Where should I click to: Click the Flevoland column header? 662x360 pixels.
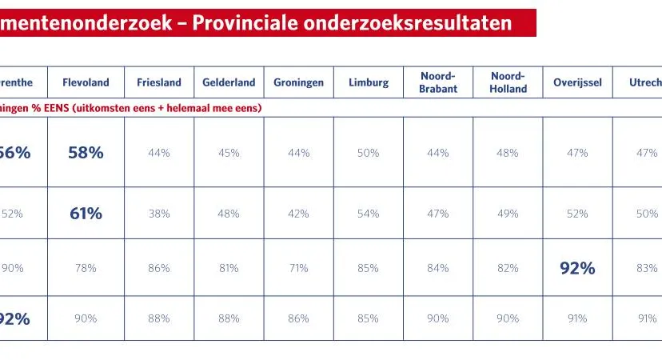click(x=86, y=82)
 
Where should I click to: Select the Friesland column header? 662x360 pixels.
click(x=159, y=82)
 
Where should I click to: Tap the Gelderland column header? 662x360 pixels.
click(x=229, y=82)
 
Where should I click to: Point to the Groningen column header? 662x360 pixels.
click(x=298, y=82)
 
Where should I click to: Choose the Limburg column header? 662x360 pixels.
click(x=369, y=82)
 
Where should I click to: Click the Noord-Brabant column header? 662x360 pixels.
click(x=438, y=82)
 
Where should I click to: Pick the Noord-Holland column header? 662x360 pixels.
click(x=508, y=82)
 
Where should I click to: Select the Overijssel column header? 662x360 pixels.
click(x=577, y=82)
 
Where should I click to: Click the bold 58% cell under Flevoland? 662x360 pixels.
click(x=86, y=153)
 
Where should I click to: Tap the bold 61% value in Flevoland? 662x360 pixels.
click(x=86, y=214)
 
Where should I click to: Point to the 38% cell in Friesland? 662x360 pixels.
click(x=159, y=214)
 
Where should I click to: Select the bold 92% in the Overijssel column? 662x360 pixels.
click(x=577, y=269)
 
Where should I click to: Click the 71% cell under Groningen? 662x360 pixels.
click(x=298, y=269)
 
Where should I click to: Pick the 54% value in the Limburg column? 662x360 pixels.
click(x=369, y=214)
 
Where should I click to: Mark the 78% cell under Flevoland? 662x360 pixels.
click(x=86, y=269)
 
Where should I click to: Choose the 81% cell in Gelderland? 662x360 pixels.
click(x=229, y=269)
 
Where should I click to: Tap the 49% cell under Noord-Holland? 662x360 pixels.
click(x=508, y=214)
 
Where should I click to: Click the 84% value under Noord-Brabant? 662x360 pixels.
click(x=438, y=269)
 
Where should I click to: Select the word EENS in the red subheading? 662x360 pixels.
click(x=56, y=107)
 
